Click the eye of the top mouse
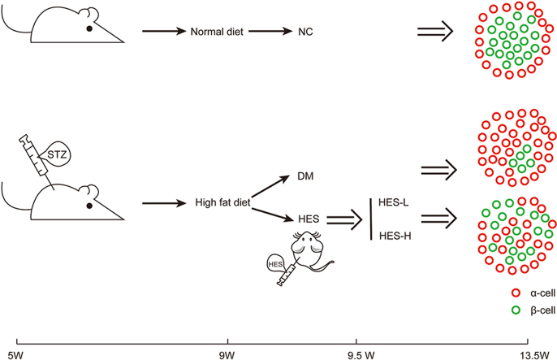pos(89,29)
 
